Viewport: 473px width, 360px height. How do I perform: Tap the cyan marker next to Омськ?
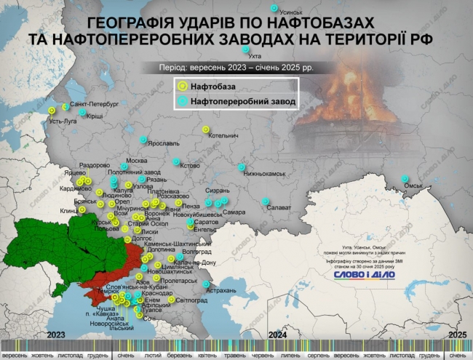point(405,179)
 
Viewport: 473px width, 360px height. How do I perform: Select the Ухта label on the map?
point(255,56)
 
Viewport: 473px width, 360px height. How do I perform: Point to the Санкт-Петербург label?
point(95,105)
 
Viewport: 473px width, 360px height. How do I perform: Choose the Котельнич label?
point(223,135)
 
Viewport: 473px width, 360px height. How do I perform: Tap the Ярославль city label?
point(163,144)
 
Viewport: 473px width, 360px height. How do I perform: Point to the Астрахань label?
point(222,290)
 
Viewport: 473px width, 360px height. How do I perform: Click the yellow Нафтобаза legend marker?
point(182,87)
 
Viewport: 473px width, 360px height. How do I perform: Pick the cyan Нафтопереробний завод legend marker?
point(182,101)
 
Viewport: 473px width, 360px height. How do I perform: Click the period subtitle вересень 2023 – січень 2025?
point(236,67)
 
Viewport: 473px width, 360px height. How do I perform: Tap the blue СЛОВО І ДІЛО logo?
point(364,275)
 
